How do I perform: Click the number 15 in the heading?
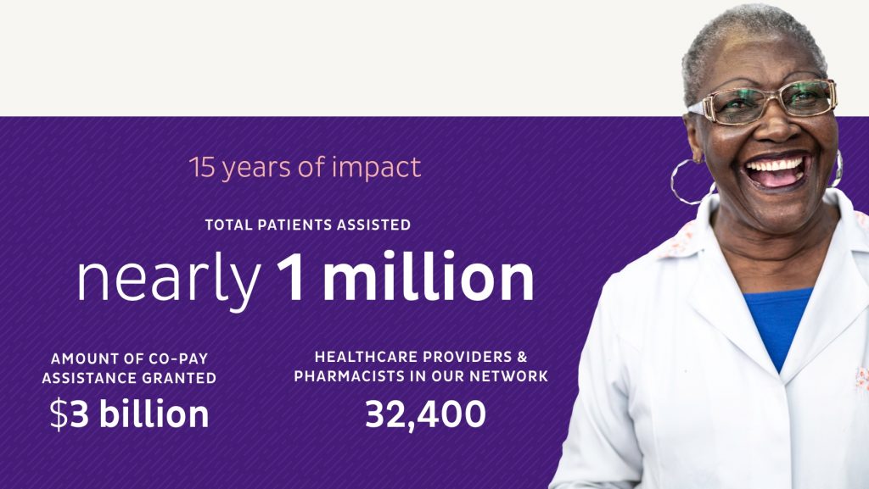(x=202, y=167)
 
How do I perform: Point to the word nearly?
(x=169, y=280)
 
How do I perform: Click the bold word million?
(x=429, y=275)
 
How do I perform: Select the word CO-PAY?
(x=177, y=358)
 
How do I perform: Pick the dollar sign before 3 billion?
(x=59, y=414)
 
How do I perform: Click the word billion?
(x=154, y=414)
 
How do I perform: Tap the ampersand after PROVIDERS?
(x=522, y=357)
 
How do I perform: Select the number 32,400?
(x=426, y=414)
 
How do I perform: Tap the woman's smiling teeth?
(x=776, y=166)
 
